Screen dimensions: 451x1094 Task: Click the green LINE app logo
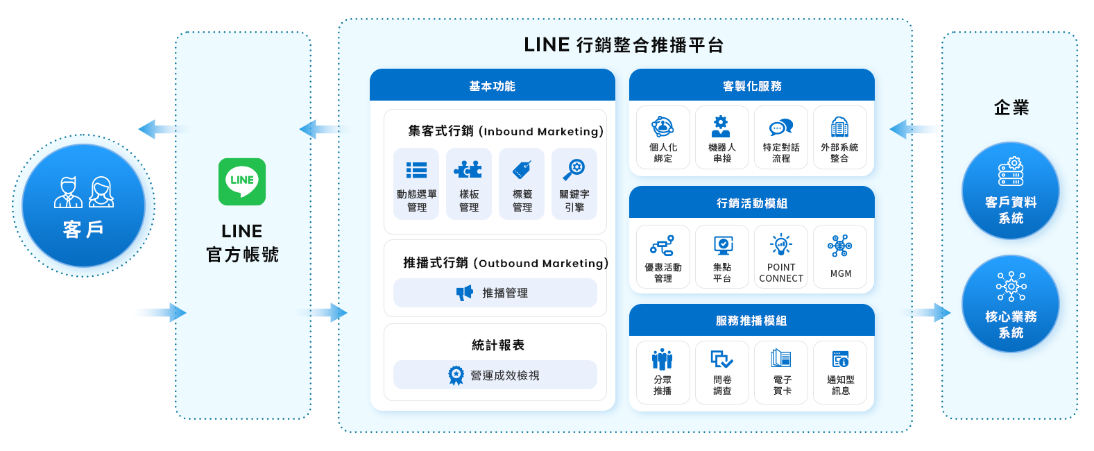coord(242,182)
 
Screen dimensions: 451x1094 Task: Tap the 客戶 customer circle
coord(83,205)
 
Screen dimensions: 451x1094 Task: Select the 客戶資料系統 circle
coord(1010,191)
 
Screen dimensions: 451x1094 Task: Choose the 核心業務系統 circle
coord(1010,304)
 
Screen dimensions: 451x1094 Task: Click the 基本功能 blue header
coord(492,85)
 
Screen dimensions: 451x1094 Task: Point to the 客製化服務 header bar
coord(751,85)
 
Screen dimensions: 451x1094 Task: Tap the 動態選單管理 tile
coord(416,184)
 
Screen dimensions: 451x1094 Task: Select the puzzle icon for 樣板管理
coord(468,170)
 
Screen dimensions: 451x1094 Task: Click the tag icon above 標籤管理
coord(522,170)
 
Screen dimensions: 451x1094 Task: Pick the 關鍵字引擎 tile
coord(574,184)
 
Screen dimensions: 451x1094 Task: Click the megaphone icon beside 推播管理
coord(464,293)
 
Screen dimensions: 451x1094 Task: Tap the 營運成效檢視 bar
coord(495,375)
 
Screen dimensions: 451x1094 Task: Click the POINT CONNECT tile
coord(781,256)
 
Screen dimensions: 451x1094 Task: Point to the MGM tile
coord(839,256)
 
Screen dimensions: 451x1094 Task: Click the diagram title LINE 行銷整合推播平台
coord(624,45)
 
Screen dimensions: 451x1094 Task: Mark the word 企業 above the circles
coord(1011,108)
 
